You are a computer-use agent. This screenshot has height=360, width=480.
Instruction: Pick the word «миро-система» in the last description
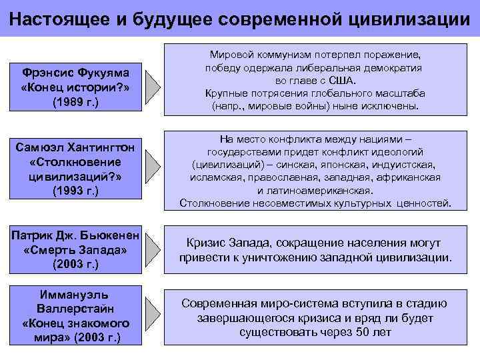pos(294,303)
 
